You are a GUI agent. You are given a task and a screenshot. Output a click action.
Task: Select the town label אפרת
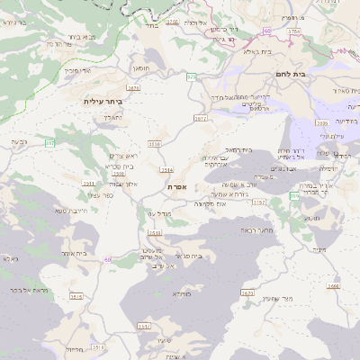176,186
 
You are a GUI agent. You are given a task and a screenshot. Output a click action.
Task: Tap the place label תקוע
311,219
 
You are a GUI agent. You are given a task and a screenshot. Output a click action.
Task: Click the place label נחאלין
108,116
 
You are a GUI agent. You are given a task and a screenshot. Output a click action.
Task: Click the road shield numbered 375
192,78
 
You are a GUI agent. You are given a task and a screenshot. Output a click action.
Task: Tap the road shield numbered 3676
134,87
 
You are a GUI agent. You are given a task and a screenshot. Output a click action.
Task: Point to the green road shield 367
49,143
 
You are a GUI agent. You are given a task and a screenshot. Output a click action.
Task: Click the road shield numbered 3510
155,143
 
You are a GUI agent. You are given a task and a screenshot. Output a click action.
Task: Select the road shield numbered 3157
259,202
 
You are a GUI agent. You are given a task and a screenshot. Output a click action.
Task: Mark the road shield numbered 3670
248,292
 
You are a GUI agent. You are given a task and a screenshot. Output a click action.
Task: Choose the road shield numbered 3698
334,286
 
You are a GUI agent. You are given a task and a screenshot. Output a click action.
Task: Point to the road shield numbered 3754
294,31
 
